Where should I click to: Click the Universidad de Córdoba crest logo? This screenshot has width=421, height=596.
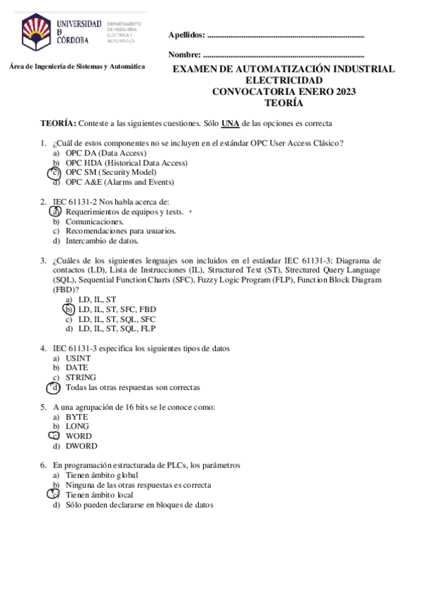click(36, 31)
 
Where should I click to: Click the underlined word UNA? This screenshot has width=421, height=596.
click(230, 124)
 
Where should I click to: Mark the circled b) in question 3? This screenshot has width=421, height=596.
click(68, 309)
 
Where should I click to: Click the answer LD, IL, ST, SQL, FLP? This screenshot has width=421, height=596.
click(117, 328)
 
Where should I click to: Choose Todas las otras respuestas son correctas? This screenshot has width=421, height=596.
click(133, 387)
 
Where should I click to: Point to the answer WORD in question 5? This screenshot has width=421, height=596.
click(78, 436)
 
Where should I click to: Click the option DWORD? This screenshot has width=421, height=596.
click(82, 446)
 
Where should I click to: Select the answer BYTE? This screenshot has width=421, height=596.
click(77, 416)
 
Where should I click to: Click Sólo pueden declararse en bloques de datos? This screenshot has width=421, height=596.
click(139, 505)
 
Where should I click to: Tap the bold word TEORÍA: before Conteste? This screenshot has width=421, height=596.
click(58, 124)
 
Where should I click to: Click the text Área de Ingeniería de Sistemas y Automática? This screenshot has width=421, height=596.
click(77, 66)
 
